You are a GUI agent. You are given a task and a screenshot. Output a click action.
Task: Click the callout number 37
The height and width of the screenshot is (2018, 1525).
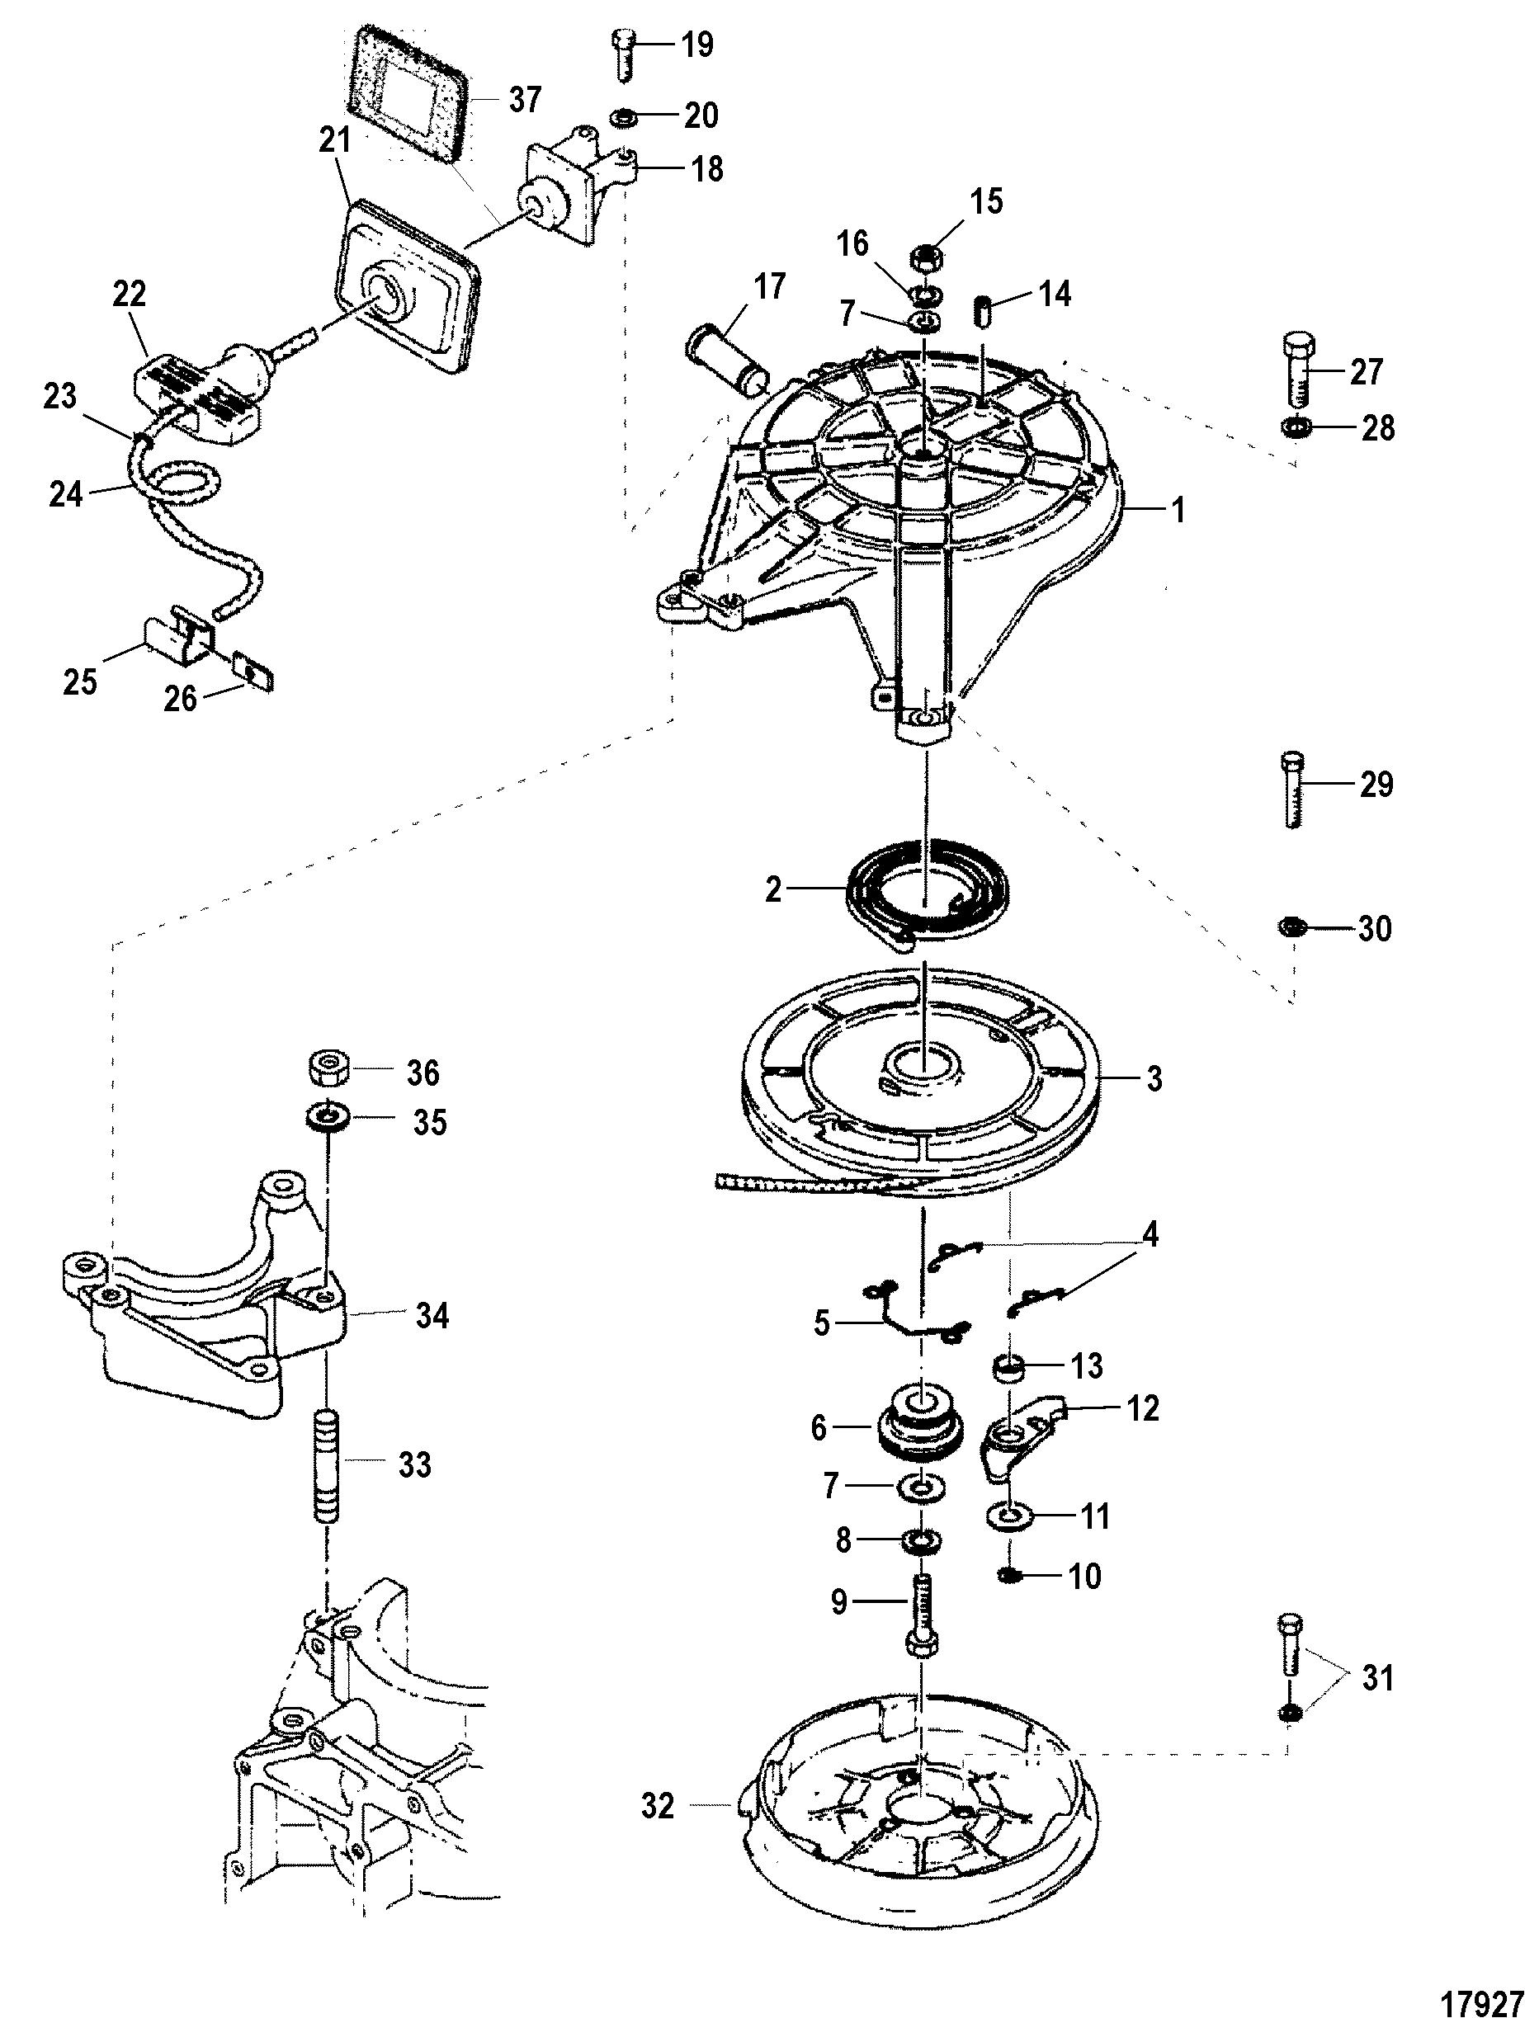525,100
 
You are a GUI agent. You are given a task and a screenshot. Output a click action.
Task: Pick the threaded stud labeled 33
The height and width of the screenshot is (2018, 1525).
327,1467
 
